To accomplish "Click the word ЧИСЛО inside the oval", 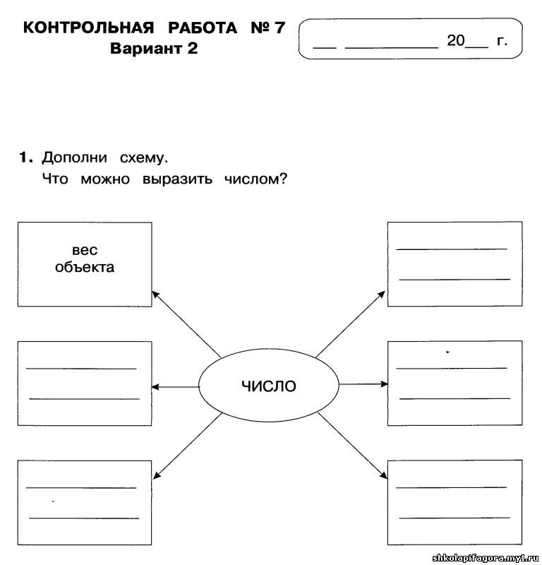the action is click(x=269, y=386).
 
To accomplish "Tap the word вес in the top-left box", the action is click(x=85, y=250).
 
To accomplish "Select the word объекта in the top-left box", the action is click(x=85, y=267).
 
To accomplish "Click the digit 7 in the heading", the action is click(x=279, y=28).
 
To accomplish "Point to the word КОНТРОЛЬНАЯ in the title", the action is click(x=89, y=28).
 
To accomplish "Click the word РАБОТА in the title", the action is click(x=203, y=28).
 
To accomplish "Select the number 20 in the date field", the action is click(x=456, y=40).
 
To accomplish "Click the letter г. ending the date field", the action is click(x=502, y=41).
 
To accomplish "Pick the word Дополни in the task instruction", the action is click(x=75, y=157).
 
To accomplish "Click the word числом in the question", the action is click(x=255, y=179).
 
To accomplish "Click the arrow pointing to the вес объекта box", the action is click(x=186, y=323).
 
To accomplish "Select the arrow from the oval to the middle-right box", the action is click(x=363, y=384).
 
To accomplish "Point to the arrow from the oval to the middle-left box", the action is click(x=176, y=387).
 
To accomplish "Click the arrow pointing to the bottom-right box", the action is click(x=353, y=446).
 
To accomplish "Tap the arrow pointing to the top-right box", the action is click(x=351, y=323).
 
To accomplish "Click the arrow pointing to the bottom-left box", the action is click(x=187, y=446).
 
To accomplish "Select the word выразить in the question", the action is click(x=177, y=179).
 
